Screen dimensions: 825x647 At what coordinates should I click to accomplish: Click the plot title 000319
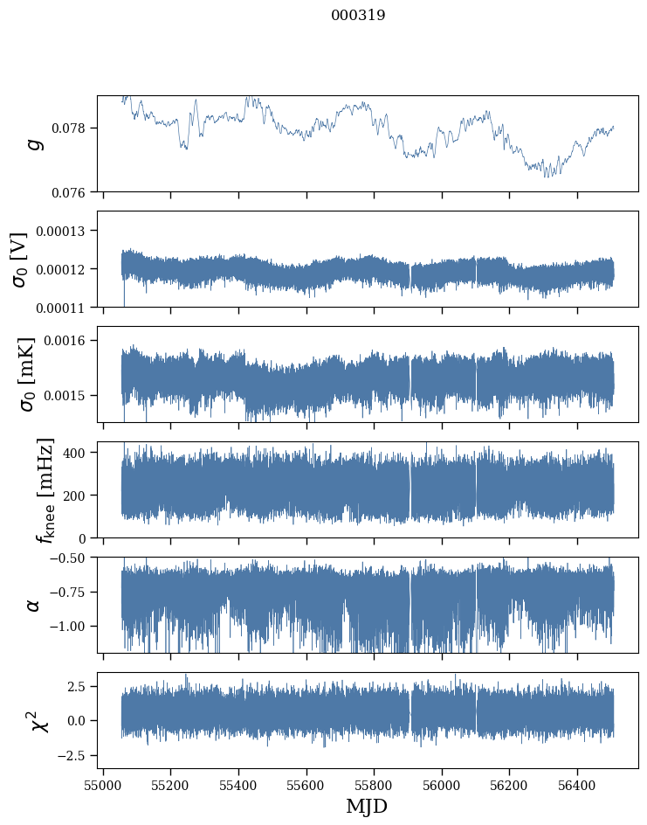click(x=358, y=16)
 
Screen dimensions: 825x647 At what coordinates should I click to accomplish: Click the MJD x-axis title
click(x=367, y=807)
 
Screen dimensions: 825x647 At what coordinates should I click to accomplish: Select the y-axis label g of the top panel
click(x=35, y=143)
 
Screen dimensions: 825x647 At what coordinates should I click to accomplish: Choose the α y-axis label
click(x=34, y=605)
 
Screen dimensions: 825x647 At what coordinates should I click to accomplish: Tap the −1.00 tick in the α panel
click(x=71, y=626)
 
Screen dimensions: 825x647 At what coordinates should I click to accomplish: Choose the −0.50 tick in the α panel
click(x=71, y=558)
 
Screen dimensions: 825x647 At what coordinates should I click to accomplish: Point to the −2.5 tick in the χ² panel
click(x=73, y=754)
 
